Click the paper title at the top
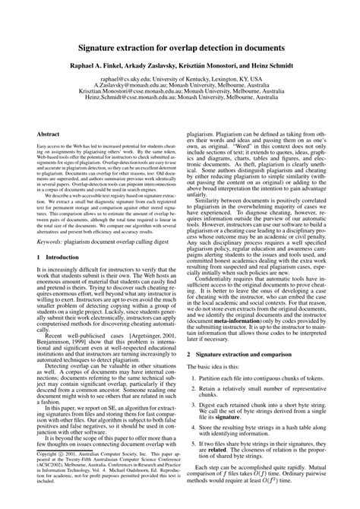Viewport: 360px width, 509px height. (179, 46)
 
